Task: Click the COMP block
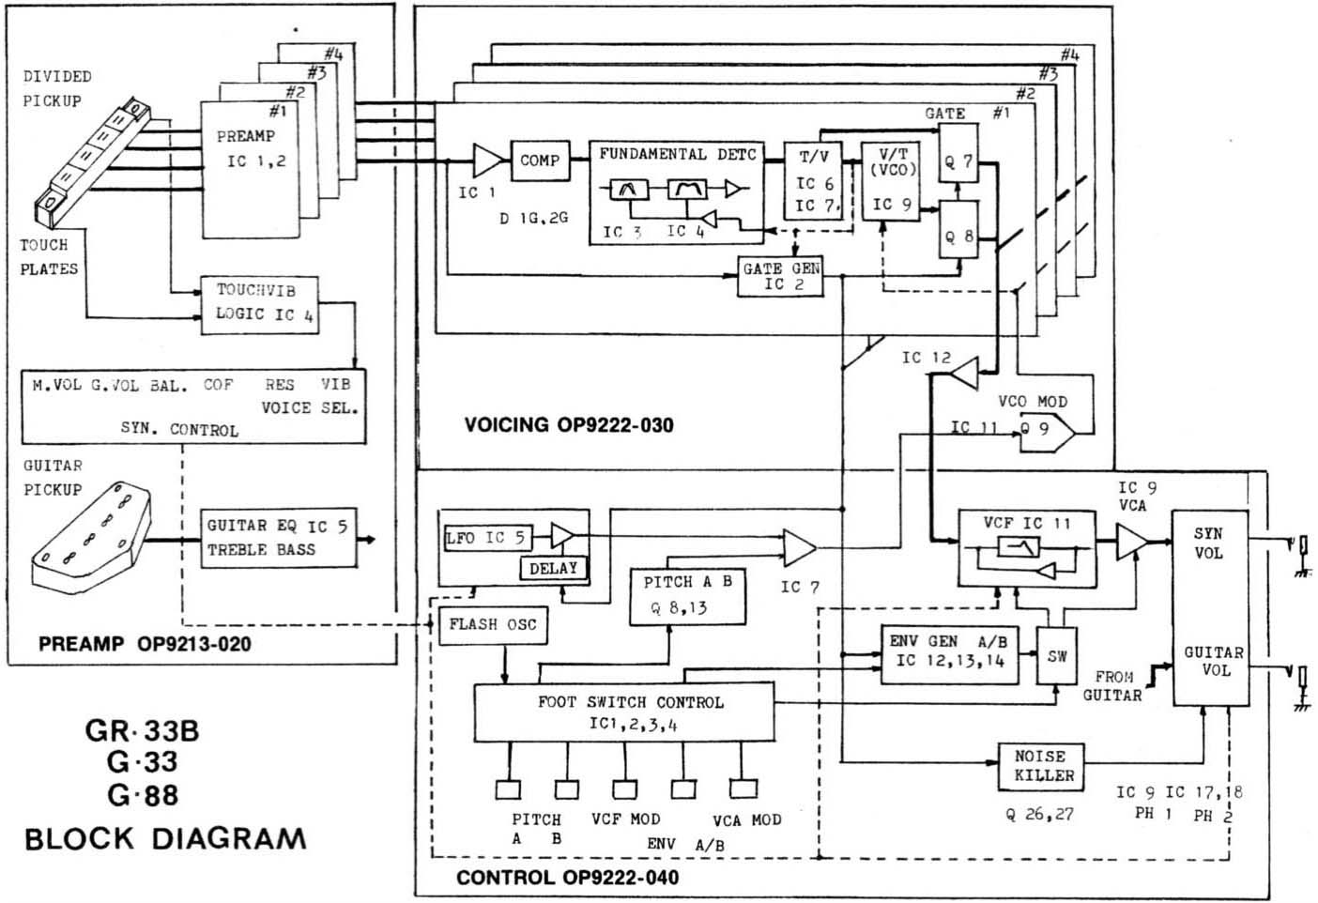pyautogui.click(x=539, y=161)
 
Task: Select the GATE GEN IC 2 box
pyautogui.click(x=780, y=276)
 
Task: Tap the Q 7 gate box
pyautogui.click(x=959, y=161)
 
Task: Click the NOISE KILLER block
pyautogui.click(x=1041, y=766)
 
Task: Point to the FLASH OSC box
pyautogui.click(x=493, y=624)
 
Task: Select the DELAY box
pyautogui.click(x=553, y=568)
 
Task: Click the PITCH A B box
pyautogui.click(x=687, y=595)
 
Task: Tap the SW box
pyautogui.click(x=1058, y=656)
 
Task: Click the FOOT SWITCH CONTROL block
pyautogui.click(x=624, y=712)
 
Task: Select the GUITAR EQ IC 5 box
pyautogui.click(x=278, y=538)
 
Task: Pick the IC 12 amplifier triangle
pyautogui.click(x=963, y=373)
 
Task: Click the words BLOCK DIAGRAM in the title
pyautogui.click(x=165, y=838)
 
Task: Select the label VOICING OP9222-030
pyautogui.click(x=568, y=424)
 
